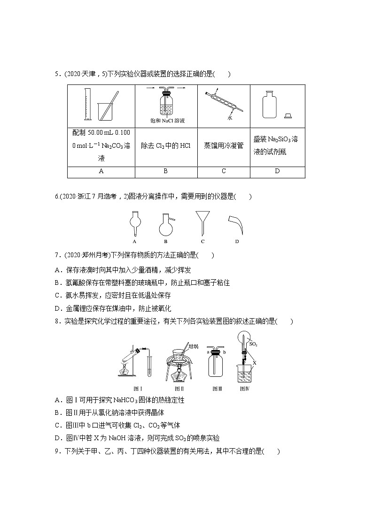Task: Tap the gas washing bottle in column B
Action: pyautogui.click(x=165, y=104)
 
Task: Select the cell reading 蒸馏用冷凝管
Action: pyautogui.click(x=224, y=145)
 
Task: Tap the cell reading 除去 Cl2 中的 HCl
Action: pyautogui.click(x=166, y=145)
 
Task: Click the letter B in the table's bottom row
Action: pyautogui.click(x=165, y=171)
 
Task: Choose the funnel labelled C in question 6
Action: pyautogui.click(x=202, y=222)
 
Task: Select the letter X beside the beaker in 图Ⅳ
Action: pyautogui.click(x=255, y=363)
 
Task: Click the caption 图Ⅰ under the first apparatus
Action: pyautogui.click(x=138, y=389)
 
